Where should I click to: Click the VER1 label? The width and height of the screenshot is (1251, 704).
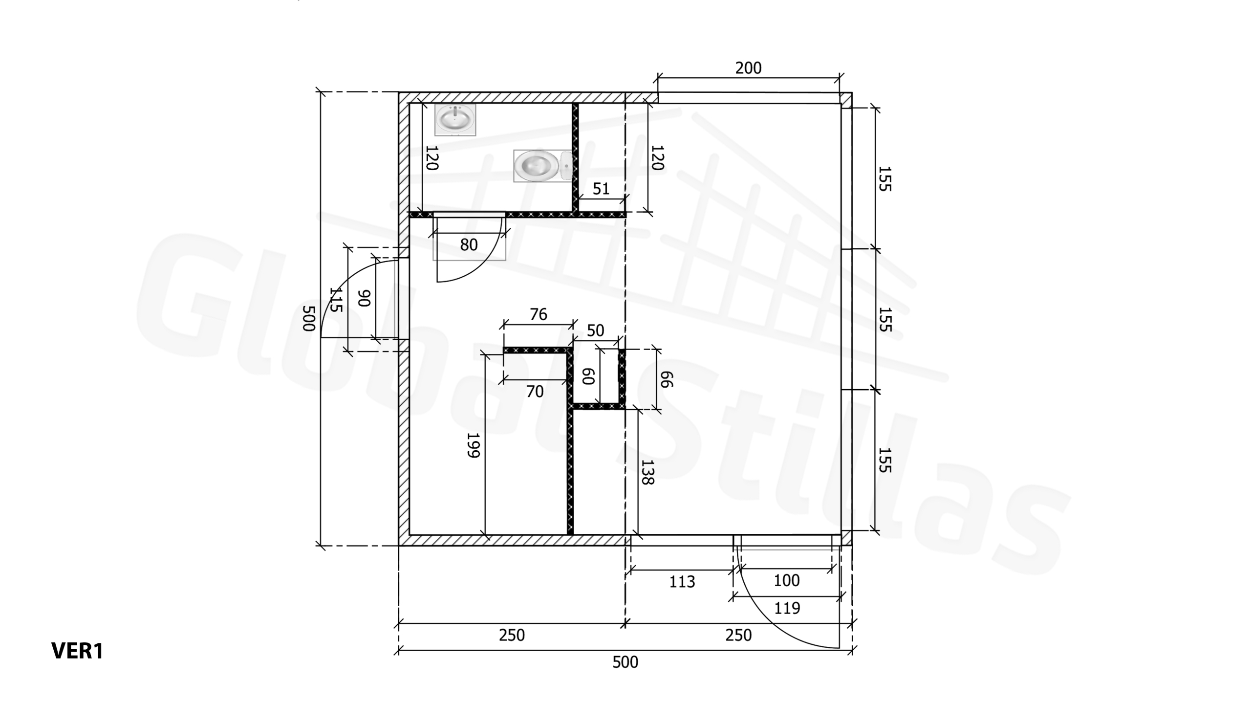coord(77,651)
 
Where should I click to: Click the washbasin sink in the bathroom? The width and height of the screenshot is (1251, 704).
coord(455,119)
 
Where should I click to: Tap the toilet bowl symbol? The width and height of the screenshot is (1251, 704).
coord(543,166)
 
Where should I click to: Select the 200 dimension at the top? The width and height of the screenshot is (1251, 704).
coord(748,68)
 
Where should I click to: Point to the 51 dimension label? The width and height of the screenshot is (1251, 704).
coord(601,189)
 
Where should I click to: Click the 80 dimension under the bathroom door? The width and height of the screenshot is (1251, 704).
coord(469,245)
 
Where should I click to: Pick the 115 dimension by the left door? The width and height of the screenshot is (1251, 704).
coord(336,300)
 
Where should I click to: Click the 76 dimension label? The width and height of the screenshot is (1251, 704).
coord(538,314)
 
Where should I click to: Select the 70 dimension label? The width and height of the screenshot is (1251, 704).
coord(535,392)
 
